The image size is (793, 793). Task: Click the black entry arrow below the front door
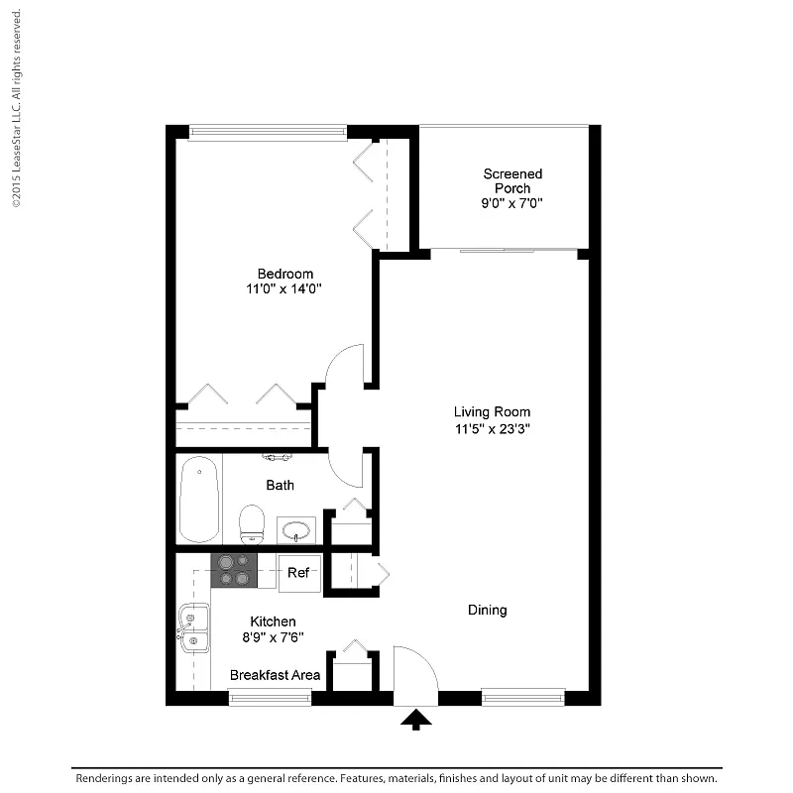pyautogui.click(x=415, y=720)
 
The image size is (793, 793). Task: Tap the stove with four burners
pyautogui.click(x=234, y=571)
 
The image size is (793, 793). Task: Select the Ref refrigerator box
pyautogui.click(x=299, y=573)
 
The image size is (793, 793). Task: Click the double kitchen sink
pyautogui.click(x=193, y=627)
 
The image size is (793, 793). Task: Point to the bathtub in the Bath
pyautogui.click(x=199, y=499)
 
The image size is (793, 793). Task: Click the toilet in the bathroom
pyautogui.click(x=252, y=524)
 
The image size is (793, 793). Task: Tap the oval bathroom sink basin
pyautogui.click(x=295, y=531)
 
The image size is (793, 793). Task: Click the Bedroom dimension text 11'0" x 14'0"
pyautogui.click(x=283, y=288)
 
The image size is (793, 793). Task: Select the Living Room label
pyautogui.click(x=492, y=412)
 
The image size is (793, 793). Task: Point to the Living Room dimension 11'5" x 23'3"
pyautogui.click(x=492, y=429)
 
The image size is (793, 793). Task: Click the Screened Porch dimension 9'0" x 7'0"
pyautogui.click(x=511, y=203)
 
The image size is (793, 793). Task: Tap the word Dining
pyautogui.click(x=487, y=611)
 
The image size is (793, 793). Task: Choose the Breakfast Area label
pyautogui.click(x=275, y=675)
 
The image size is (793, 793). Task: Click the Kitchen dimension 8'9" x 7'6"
pyautogui.click(x=273, y=637)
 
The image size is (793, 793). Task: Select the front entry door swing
pyautogui.click(x=428, y=661)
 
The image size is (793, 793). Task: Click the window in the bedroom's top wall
pyautogui.click(x=268, y=132)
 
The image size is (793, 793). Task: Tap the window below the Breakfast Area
pyautogui.click(x=270, y=698)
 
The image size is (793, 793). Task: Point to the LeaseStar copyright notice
pyautogui.click(x=17, y=108)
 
